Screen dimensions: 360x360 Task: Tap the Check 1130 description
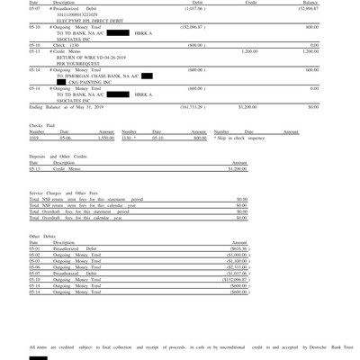69,44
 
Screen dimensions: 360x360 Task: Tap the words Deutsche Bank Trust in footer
320,346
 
